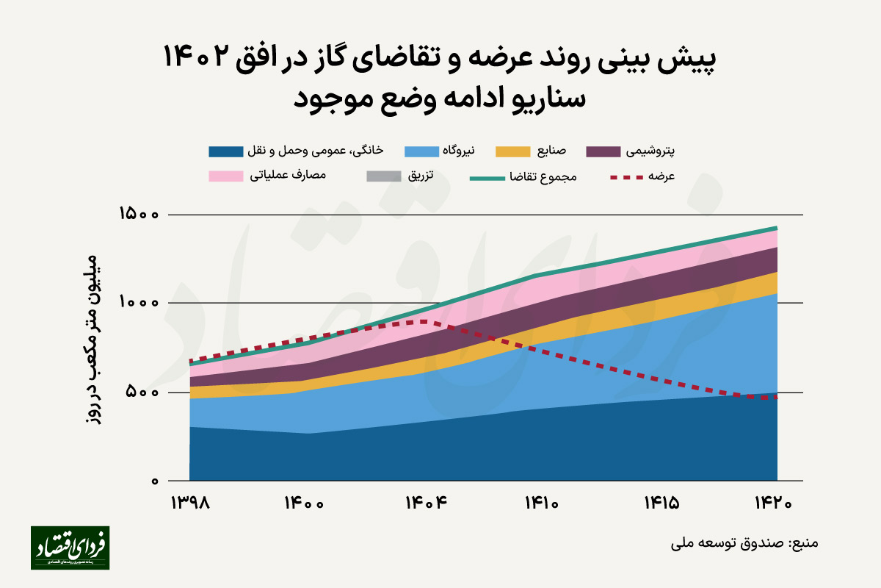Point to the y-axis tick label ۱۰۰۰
coord(139,303)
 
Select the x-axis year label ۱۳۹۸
coord(190,503)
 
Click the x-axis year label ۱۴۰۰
coord(304,503)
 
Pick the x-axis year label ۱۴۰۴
coord(427,503)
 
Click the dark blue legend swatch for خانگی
coord(225,152)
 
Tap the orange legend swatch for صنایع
coord(513,152)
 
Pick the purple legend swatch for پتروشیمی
coord(604,152)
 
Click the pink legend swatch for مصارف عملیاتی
coord(225,176)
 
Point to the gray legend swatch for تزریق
coord(383,176)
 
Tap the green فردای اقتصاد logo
coord(70,548)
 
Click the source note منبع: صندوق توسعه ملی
coord(744,545)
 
